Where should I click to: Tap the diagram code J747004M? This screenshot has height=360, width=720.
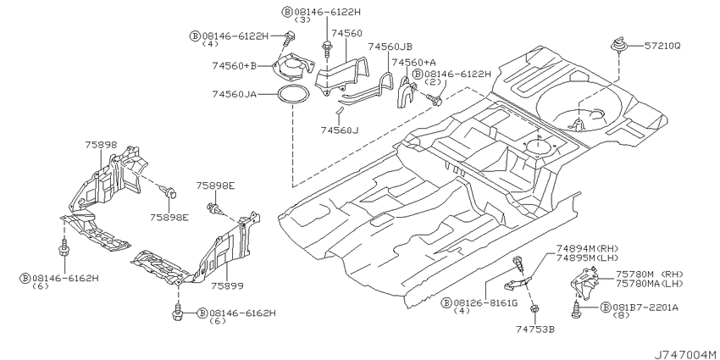tap(684, 354)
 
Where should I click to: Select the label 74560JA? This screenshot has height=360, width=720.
tap(234, 94)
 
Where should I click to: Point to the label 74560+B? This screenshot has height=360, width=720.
tap(234, 66)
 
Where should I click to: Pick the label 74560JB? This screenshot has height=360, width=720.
tap(390, 47)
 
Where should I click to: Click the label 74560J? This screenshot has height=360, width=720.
tap(340, 130)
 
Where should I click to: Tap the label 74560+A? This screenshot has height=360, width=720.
tap(413, 62)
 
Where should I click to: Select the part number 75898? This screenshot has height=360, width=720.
tap(101, 144)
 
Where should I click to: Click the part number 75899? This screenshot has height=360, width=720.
tap(227, 285)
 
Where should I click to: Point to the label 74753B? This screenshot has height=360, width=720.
tap(535, 329)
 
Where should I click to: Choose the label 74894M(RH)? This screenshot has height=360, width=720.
tap(588, 248)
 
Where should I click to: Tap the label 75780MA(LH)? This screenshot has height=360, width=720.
tap(650, 283)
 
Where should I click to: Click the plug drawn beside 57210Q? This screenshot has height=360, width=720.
tap(618, 45)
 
